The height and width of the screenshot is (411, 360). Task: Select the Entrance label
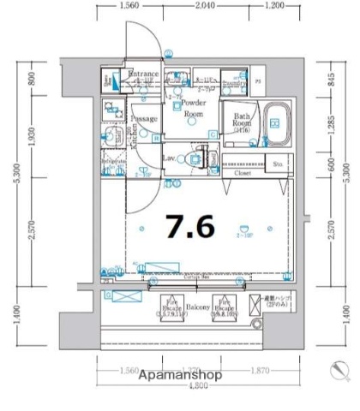(x=143, y=75)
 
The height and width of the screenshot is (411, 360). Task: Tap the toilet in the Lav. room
(x=201, y=159)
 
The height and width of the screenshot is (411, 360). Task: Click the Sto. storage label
(x=279, y=163)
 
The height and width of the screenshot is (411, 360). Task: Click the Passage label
(x=144, y=120)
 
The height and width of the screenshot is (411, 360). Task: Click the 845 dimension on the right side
(x=332, y=80)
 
